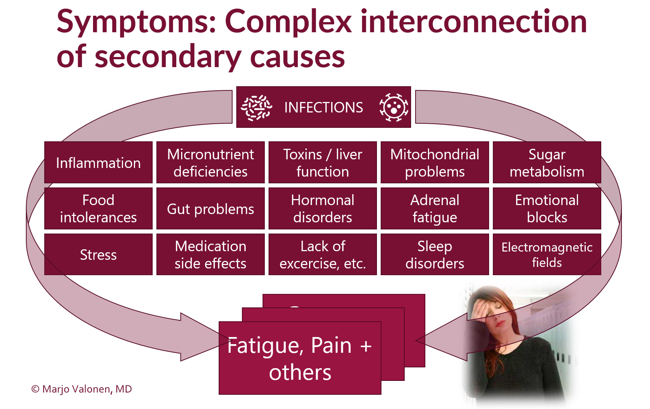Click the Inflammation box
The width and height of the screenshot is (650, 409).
(x=98, y=163)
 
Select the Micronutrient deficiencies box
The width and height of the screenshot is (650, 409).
(x=210, y=163)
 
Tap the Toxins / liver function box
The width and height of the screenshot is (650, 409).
(x=323, y=163)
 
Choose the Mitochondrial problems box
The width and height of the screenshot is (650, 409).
(x=435, y=163)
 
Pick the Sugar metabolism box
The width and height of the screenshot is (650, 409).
(x=547, y=163)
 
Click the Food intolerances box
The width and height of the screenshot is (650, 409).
(x=98, y=208)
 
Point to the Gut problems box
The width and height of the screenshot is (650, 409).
(x=210, y=208)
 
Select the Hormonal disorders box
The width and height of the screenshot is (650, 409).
(x=323, y=208)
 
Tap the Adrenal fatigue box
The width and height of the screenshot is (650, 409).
(x=435, y=208)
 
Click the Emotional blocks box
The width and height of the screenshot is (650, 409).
(x=547, y=208)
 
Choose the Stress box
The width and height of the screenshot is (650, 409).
(x=98, y=255)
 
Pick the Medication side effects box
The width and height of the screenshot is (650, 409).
(x=210, y=255)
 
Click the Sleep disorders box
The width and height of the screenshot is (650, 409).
(x=435, y=255)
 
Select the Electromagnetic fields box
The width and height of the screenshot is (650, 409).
(x=547, y=255)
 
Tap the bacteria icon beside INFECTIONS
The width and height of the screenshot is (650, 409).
(x=257, y=108)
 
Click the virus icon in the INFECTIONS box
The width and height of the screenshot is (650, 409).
(x=393, y=108)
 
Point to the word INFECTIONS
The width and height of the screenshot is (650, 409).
(x=323, y=108)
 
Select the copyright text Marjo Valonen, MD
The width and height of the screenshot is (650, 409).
(x=82, y=389)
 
